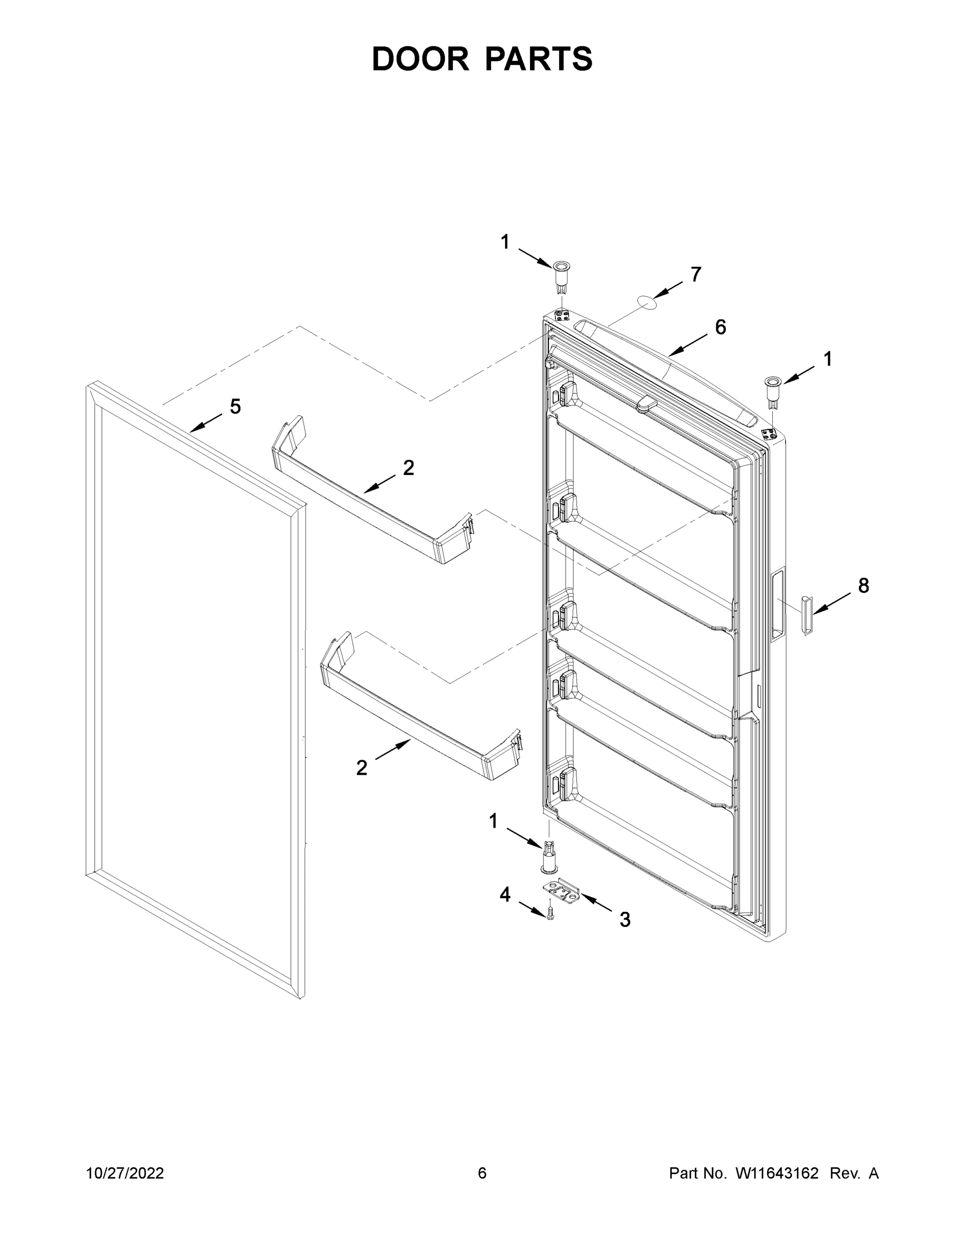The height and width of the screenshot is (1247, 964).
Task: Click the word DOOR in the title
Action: (420, 59)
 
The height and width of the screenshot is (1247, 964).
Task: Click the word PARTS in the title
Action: (539, 59)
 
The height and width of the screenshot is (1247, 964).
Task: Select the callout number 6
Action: (721, 327)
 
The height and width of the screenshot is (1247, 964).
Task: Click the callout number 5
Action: (235, 406)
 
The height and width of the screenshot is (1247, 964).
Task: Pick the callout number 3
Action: (625, 919)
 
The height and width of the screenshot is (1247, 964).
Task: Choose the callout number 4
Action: (505, 895)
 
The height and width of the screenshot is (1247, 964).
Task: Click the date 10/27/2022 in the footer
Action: (125, 1173)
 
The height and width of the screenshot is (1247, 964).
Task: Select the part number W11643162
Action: (777, 1173)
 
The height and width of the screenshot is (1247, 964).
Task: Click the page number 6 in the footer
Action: (482, 1173)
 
